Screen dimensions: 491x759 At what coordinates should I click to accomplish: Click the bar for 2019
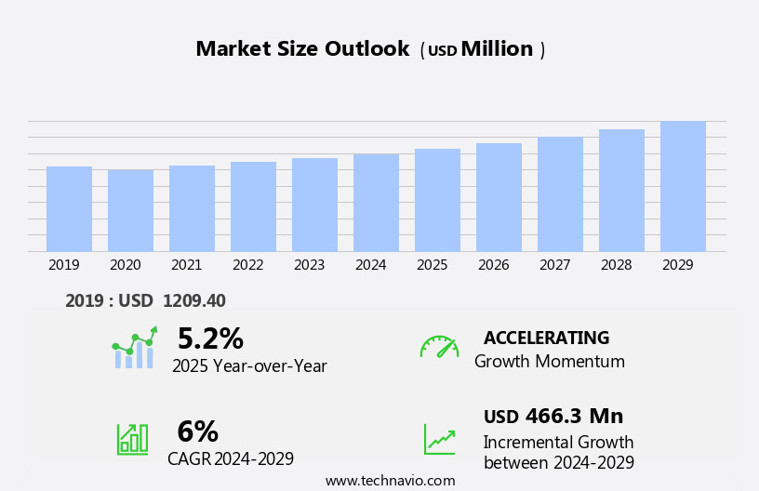tap(69, 209)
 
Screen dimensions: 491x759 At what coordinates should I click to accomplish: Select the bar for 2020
tap(130, 210)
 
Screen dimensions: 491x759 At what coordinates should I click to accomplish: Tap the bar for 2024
tap(376, 203)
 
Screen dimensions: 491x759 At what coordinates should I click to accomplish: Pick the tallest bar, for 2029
tap(683, 186)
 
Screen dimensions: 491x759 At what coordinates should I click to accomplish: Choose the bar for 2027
tap(560, 194)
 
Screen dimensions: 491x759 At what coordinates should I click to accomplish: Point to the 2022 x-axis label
tap(247, 265)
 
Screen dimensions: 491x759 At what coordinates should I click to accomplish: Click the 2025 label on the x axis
tap(432, 265)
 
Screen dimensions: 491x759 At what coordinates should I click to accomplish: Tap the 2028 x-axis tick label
tap(616, 265)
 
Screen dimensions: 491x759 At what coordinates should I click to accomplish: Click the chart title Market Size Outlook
tap(302, 49)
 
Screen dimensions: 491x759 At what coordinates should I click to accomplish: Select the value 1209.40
tap(193, 300)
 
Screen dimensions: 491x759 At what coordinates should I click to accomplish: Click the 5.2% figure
tap(210, 338)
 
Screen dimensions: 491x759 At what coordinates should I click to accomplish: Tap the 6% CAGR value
tap(197, 431)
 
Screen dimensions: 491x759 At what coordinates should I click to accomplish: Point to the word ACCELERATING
tap(546, 338)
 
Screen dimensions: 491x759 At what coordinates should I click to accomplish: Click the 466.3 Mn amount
tap(574, 416)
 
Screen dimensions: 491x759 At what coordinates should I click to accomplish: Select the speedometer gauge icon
tap(439, 347)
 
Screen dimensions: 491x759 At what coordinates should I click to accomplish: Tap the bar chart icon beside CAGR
tap(132, 438)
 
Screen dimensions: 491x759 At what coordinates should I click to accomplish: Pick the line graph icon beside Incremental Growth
tap(439, 439)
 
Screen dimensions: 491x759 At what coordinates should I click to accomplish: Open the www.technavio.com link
tap(390, 481)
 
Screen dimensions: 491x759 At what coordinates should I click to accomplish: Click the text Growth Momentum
tap(549, 361)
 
